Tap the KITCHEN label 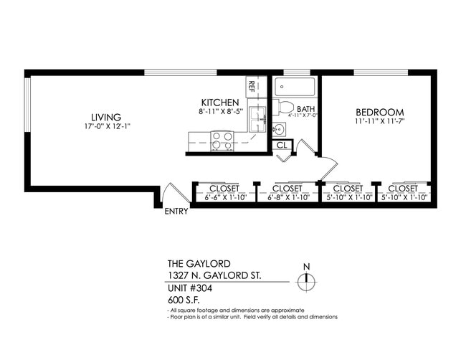point(220,103)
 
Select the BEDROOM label point(379,113)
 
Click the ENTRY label point(176,212)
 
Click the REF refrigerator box point(252,87)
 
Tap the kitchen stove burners point(222,141)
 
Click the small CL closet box point(282,144)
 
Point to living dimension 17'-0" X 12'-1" point(105,126)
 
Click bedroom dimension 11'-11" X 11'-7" point(379,122)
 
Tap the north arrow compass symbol point(306,280)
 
